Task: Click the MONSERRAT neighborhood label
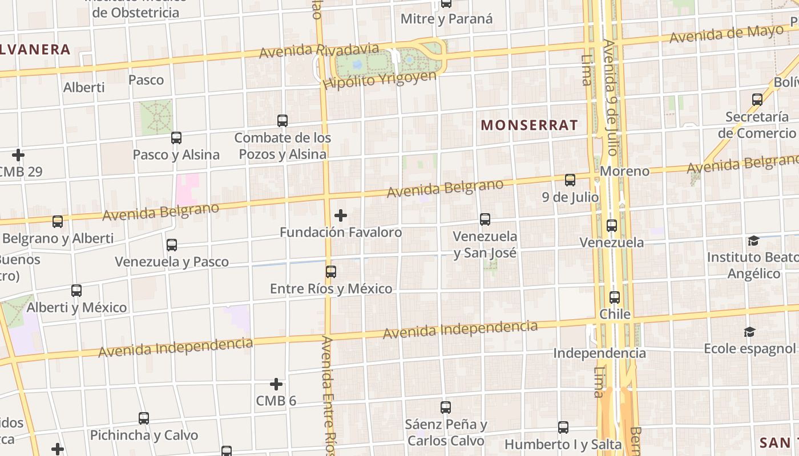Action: click(529, 125)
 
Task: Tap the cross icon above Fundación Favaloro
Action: click(341, 215)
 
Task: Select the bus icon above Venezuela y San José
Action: click(485, 219)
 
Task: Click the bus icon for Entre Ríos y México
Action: click(331, 271)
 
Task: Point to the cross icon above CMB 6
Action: click(276, 384)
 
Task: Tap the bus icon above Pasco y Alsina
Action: click(176, 137)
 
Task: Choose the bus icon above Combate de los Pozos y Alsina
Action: click(283, 120)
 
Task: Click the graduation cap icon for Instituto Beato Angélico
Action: click(753, 241)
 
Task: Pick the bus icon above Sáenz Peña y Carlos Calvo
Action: click(446, 407)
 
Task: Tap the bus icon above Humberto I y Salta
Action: click(563, 427)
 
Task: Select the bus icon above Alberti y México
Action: click(76, 290)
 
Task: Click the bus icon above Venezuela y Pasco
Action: click(172, 245)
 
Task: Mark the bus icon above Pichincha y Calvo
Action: click(144, 418)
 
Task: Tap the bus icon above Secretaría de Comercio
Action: click(757, 100)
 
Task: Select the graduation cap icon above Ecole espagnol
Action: click(749, 332)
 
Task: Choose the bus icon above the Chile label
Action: click(615, 297)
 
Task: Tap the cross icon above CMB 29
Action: click(18, 154)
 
